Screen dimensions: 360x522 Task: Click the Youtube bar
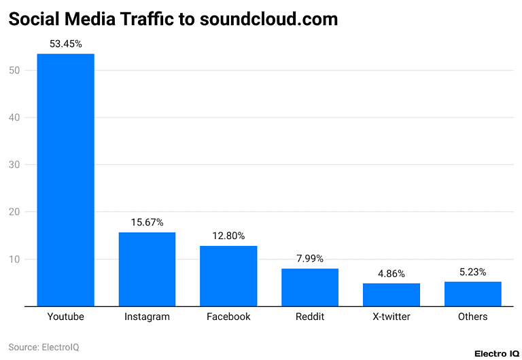pos(65,180)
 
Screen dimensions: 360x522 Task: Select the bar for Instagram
pos(147,269)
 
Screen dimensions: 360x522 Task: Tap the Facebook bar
pos(228,276)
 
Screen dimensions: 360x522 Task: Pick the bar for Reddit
pos(310,287)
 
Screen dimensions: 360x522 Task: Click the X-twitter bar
pos(391,295)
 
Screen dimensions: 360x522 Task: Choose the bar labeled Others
pos(473,293)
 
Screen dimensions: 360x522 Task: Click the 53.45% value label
pos(65,43)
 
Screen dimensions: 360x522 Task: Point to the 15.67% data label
pos(147,222)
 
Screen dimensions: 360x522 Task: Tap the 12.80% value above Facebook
pos(228,236)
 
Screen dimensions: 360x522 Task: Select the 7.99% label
pos(310,258)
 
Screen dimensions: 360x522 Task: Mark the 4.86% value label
pos(391,273)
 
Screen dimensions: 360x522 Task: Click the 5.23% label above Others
pos(473,272)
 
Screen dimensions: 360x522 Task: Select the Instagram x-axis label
pos(147,317)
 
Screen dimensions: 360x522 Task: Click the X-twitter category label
pos(391,317)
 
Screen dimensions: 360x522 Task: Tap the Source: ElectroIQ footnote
pos(43,347)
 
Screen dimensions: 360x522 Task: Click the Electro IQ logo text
pos(496,353)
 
